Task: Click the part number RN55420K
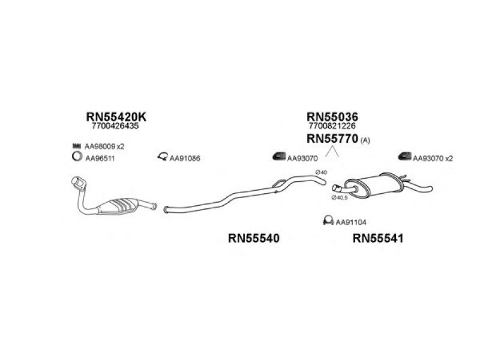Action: click(116, 116)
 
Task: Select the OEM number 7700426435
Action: click(115, 126)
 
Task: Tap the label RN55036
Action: click(332, 116)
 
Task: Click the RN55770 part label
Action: click(332, 139)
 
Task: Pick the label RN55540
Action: click(254, 238)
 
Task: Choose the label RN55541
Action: click(378, 238)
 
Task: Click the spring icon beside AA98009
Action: click(77, 146)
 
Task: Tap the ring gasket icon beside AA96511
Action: click(77, 157)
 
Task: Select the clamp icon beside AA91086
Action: click(163, 157)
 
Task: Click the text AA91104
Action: click(351, 222)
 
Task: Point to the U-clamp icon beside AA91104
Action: click(328, 220)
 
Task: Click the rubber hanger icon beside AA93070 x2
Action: click(404, 156)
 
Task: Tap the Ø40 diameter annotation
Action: click(321, 172)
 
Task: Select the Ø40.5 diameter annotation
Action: click(340, 198)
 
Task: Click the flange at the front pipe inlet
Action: click(79, 183)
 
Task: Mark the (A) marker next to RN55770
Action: click(365, 140)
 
